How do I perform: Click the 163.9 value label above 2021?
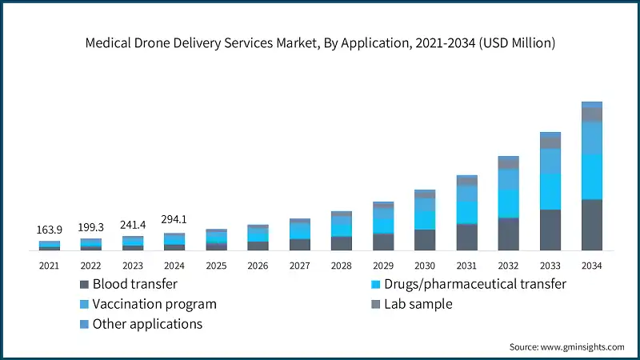(x=50, y=230)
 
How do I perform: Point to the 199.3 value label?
(x=91, y=228)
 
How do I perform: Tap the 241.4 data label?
(x=133, y=225)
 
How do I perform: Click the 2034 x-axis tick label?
(x=591, y=265)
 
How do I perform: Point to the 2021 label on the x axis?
(x=50, y=265)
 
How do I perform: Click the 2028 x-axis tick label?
(x=342, y=265)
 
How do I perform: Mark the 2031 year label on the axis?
(x=466, y=265)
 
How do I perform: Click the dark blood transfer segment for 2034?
(x=591, y=225)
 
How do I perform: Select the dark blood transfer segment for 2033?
(x=550, y=230)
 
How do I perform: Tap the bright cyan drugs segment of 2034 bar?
(x=591, y=176)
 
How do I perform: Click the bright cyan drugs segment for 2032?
(x=508, y=204)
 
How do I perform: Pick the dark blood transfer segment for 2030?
(x=425, y=240)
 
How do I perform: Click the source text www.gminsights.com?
(x=566, y=346)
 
